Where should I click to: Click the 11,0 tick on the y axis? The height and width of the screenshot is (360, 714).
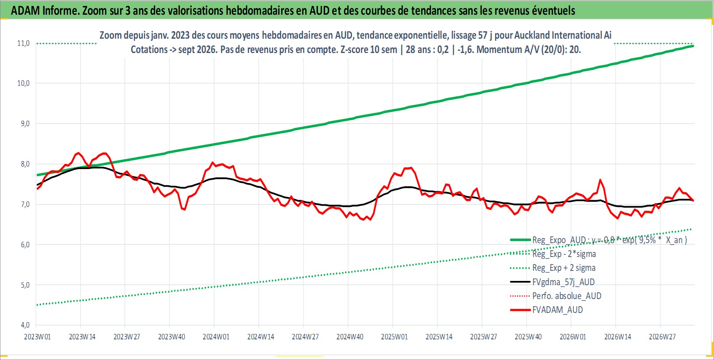[23, 43]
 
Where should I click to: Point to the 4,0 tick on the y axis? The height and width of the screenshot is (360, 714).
[25, 325]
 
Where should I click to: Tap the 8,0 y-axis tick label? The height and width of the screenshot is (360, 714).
[25, 164]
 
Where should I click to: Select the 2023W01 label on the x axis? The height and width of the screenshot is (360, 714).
[37, 337]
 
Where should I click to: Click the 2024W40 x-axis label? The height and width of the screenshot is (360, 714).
[350, 337]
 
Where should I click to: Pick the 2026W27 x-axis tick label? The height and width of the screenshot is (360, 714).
[662, 337]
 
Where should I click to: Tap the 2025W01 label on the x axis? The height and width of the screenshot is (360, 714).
[394, 337]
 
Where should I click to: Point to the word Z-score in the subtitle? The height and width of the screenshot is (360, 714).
[354, 50]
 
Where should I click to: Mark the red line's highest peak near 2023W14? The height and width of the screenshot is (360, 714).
[78, 153]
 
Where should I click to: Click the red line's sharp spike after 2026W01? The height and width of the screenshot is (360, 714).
[600, 180]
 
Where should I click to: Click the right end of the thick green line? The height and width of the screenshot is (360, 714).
[693, 46]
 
